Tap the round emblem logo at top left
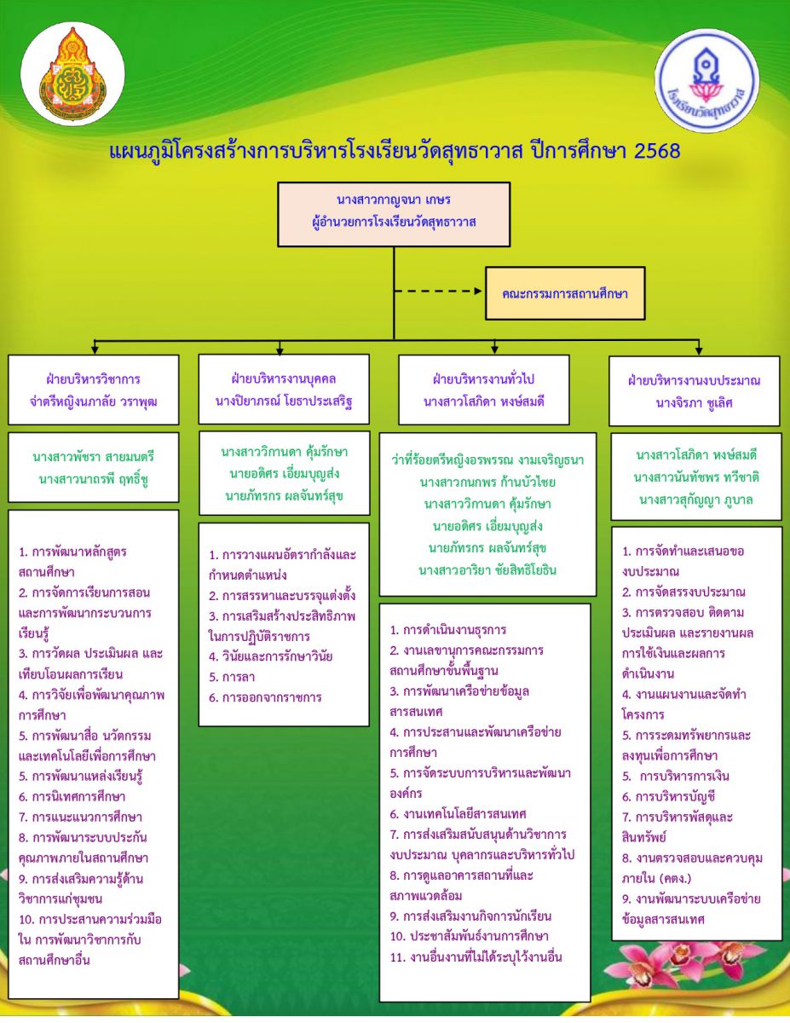(x=72, y=72)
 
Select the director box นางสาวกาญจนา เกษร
(x=394, y=213)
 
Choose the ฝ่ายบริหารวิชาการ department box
(x=94, y=390)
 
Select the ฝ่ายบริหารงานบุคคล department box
(x=284, y=389)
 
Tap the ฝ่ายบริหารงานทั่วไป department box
(x=484, y=390)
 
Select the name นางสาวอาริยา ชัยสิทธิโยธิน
(x=484, y=570)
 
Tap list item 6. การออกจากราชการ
(x=265, y=698)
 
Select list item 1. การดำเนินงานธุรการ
(x=448, y=631)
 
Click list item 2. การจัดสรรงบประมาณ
(x=684, y=592)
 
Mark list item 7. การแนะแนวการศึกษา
(x=80, y=818)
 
